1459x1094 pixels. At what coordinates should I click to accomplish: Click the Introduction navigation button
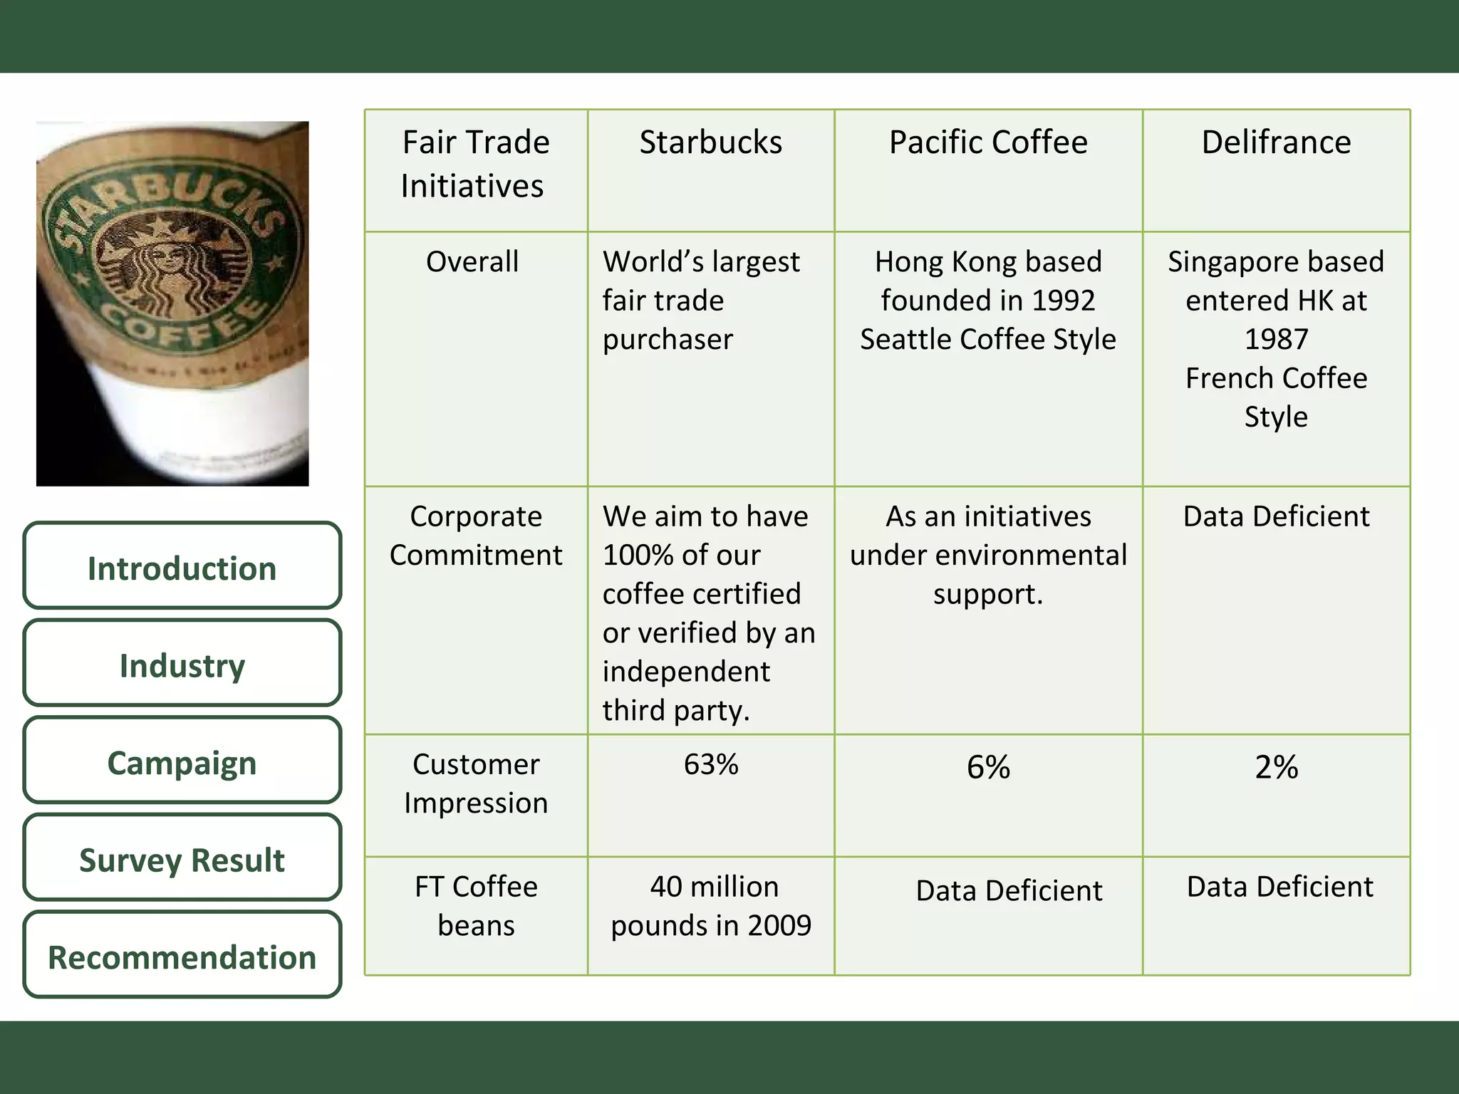pos(182,568)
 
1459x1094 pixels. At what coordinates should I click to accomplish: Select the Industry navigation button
pos(182,665)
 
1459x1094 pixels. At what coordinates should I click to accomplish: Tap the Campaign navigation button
pos(182,763)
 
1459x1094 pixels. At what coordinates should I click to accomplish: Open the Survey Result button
pos(182,860)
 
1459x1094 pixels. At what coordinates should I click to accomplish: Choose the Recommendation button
pos(182,957)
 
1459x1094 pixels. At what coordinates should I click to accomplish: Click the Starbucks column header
pos(710,142)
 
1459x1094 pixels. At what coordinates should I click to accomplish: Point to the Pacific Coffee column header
pos(988,142)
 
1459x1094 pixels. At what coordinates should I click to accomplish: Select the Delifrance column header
pos(1276,142)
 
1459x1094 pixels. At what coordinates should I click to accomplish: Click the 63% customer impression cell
pos(710,764)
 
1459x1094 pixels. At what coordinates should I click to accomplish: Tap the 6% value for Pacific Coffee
pos(988,767)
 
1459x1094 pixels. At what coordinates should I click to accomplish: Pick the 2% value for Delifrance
pos(1276,767)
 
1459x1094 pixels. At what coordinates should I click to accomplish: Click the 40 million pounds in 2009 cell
pos(710,906)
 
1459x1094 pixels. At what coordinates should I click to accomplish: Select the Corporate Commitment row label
pos(475,536)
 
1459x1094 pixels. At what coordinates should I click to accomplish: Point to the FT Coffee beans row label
pos(475,906)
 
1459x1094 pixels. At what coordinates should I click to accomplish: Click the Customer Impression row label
pos(475,783)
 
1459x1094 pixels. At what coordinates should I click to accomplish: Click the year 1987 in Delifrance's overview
pos(1276,339)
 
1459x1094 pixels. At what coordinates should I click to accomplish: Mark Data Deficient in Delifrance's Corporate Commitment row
pos(1276,516)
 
